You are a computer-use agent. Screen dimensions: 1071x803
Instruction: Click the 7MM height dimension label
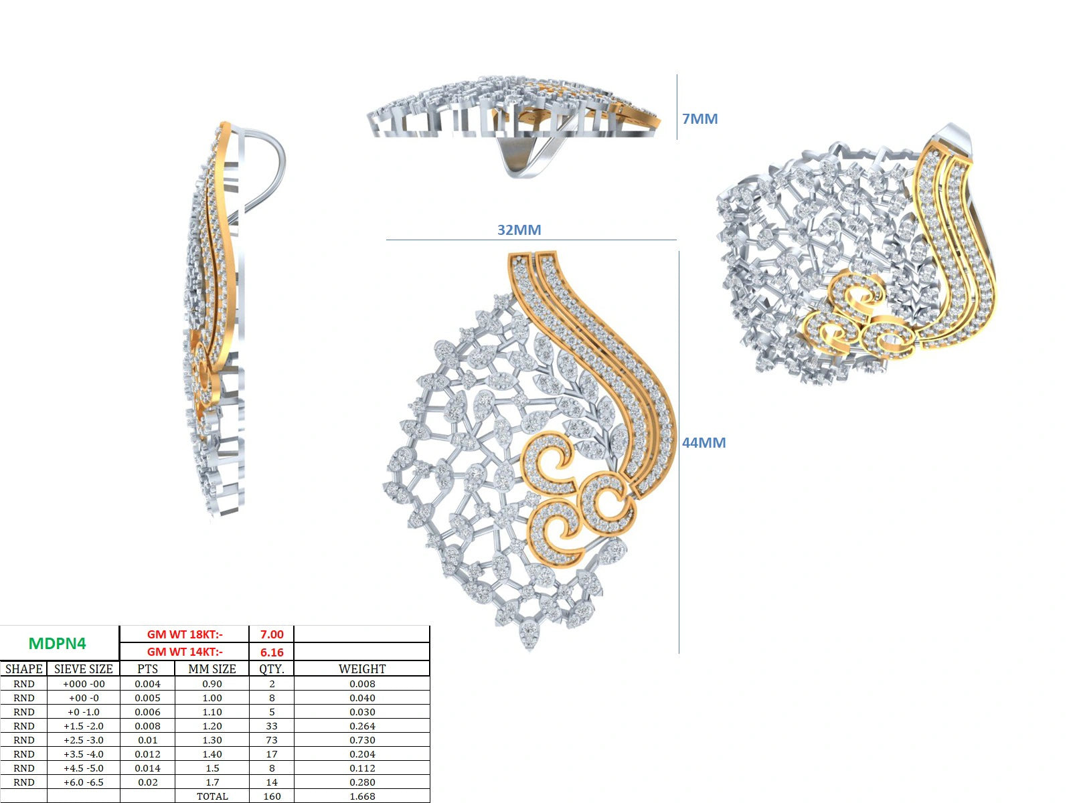[x=699, y=118]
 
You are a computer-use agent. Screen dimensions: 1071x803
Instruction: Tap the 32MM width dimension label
[x=519, y=230]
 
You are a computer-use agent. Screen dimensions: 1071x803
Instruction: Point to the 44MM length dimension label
[x=704, y=443]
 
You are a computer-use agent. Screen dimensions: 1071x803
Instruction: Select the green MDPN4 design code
[x=58, y=644]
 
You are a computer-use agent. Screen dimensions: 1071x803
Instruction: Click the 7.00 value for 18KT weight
[x=272, y=634]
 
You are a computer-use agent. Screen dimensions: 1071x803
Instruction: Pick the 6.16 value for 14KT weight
[x=272, y=652]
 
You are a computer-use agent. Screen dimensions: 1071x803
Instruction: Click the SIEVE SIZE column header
[x=84, y=669]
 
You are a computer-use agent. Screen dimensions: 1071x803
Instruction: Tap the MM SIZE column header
[x=212, y=669]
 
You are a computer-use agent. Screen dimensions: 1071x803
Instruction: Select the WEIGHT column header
[x=362, y=669]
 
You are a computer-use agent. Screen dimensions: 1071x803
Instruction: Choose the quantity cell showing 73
[x=272, y=740]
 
